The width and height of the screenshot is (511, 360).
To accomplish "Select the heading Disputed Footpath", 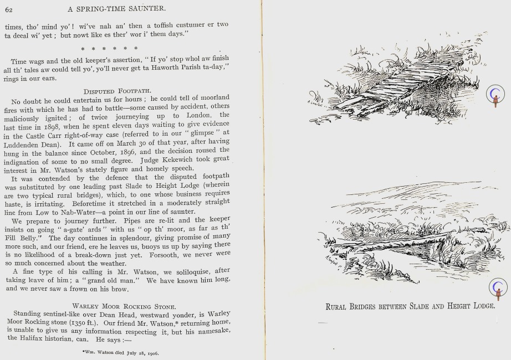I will (117, 90).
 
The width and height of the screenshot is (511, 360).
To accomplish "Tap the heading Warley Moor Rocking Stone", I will (124, 306).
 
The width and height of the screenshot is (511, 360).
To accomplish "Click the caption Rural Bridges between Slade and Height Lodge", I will (410, 306).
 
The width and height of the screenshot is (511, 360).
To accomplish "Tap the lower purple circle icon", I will (498, 288).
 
